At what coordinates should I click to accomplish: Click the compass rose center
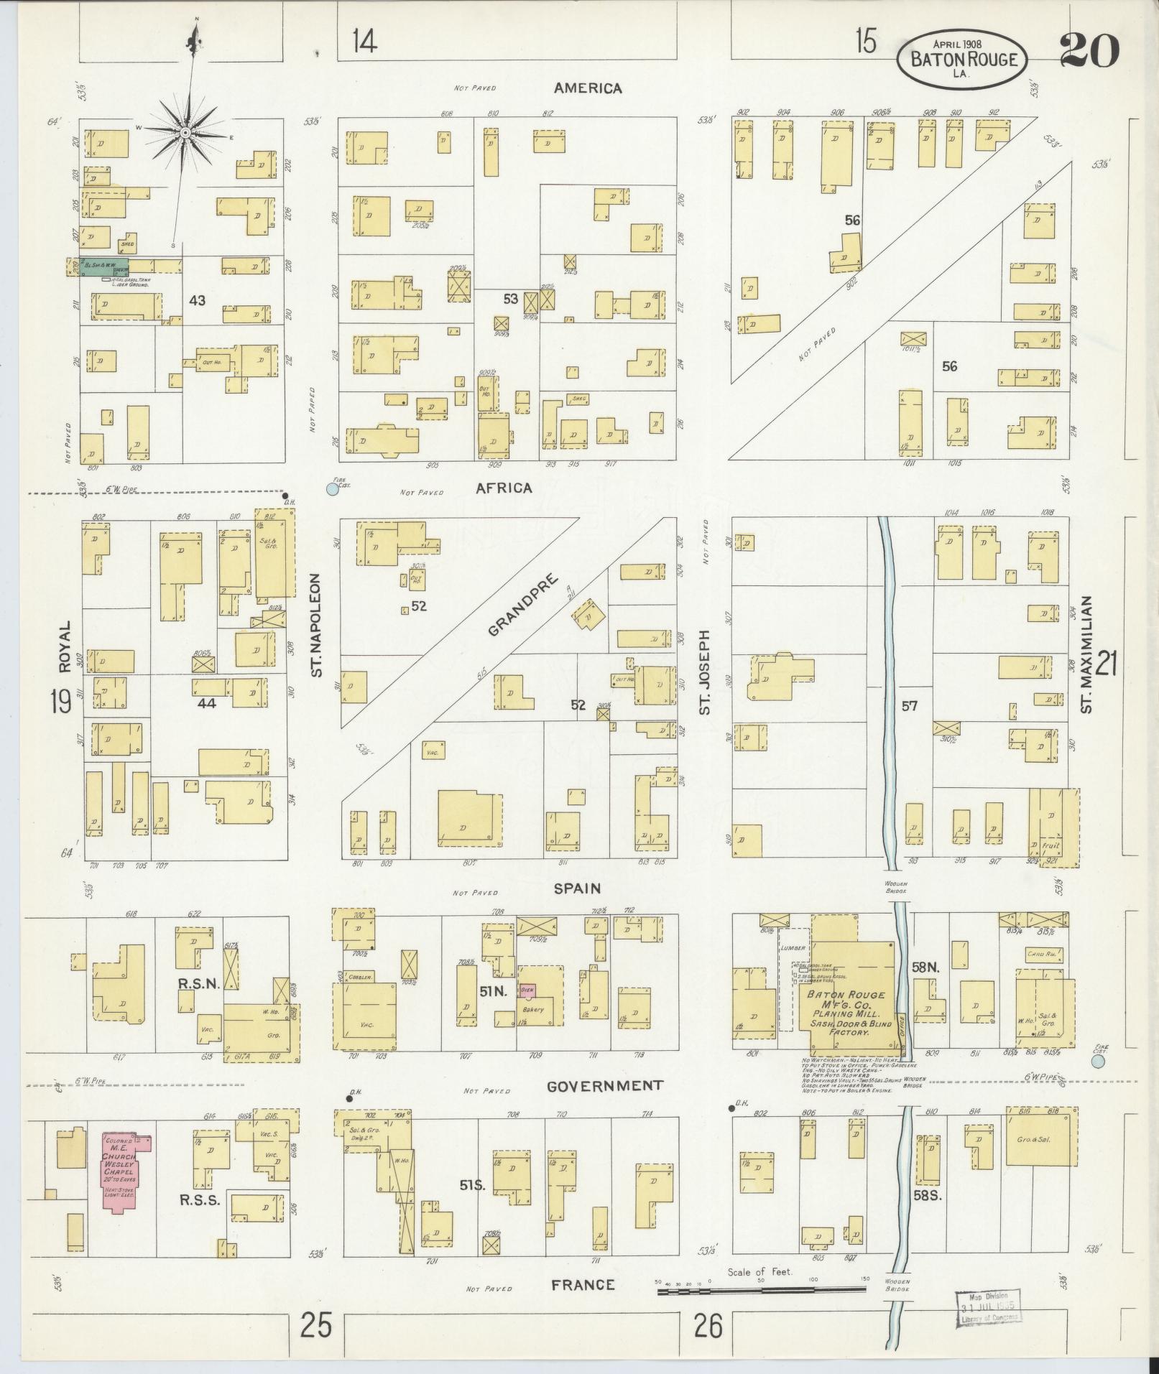185,133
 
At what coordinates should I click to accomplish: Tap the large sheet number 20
1089,50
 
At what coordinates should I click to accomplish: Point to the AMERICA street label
587,88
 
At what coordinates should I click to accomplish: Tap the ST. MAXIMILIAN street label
1086,654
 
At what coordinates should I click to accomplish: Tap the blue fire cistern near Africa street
332,489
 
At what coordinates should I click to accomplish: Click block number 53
510,299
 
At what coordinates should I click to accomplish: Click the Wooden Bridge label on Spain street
896,887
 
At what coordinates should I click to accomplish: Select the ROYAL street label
65,646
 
